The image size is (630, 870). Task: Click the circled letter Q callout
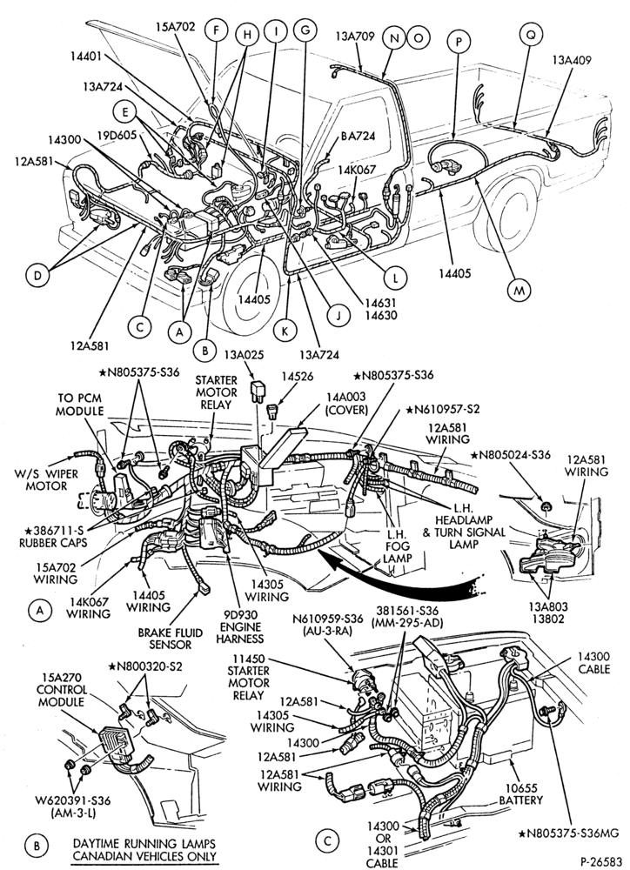point(531,35)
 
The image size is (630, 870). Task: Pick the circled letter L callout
point(395,278)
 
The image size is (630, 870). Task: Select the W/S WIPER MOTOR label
point(47,480)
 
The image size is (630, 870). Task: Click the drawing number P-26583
point(601,861)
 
